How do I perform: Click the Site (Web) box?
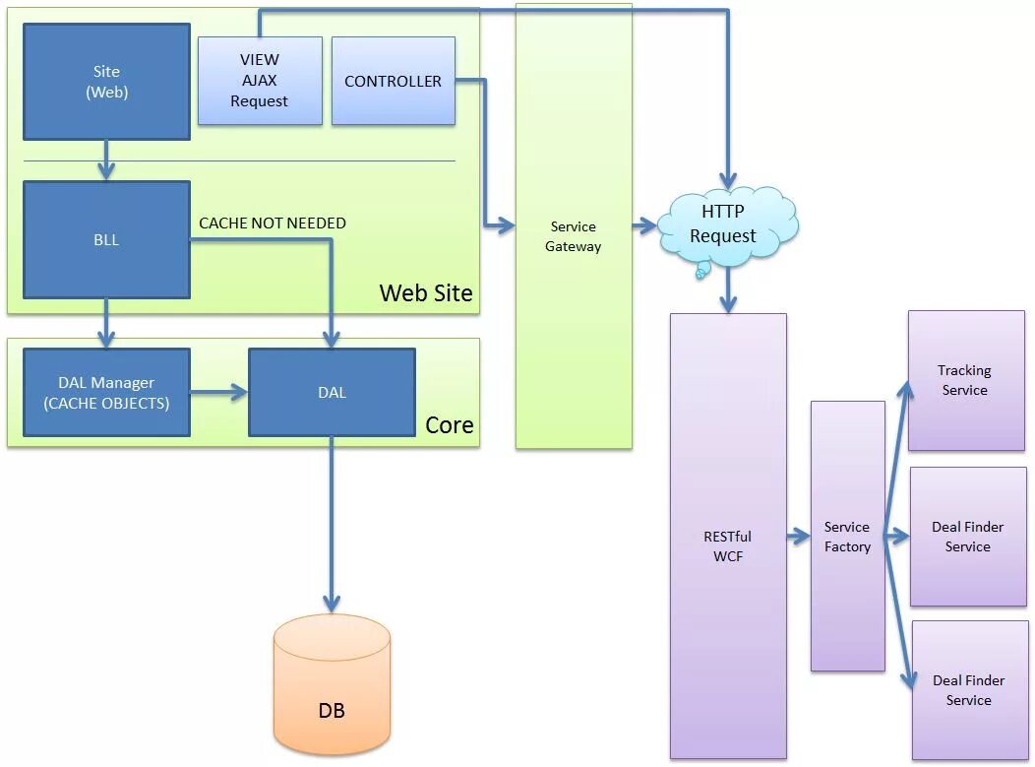click(106, 82)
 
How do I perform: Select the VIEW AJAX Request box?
click(260, 81)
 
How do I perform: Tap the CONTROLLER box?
click(393, 81)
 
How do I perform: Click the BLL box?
click(106, 239)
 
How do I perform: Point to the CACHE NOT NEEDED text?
click(273, 224)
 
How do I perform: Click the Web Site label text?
click(426, 292)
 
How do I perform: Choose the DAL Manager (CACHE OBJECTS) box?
click(106, 393)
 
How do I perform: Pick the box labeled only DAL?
click(332, 392)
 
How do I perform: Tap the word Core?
click(450, 425)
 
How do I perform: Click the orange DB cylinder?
click(332, 685)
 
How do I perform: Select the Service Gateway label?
click(574, 237)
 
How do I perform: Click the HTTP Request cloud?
click(724, 225)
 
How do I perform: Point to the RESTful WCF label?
click(728, 546)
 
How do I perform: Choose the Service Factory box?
click(847, 537)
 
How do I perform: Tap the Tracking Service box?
click(965, 381)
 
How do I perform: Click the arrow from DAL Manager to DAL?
click(218, 393)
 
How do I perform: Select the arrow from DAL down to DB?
click(332, 522)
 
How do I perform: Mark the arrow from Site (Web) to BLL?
click(106, 160)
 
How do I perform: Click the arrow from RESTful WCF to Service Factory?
click(798, 537)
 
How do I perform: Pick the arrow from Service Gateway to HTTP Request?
click(644, 225)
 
